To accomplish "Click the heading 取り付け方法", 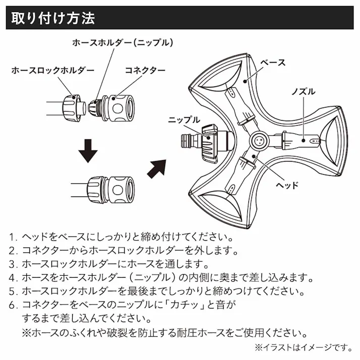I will click(53, 19).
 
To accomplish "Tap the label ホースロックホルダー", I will click(53, 70).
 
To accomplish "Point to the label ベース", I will click(273, 63).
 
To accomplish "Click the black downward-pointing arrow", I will click(87, 150).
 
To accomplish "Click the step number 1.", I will click(13, 237).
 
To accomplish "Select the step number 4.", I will click(13, 278).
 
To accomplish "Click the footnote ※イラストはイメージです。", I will click(302, 347).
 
